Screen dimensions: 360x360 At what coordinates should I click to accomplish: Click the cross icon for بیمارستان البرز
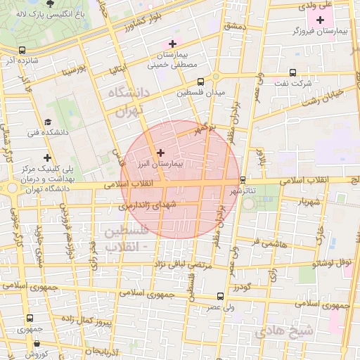[x=160, y=152]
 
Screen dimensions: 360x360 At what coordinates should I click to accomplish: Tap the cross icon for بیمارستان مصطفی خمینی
[x=171, y=44]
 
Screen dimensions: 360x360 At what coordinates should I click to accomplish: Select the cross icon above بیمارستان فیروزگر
[x=321, y=19]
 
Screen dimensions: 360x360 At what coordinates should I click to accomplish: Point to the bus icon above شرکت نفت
[x=293, y=72]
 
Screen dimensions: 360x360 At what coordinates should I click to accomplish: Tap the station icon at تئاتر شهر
[x=243, y=180]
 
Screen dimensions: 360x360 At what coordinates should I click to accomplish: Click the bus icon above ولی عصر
[x=221, y=296]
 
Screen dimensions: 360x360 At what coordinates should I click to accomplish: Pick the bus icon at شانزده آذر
[x=22, y=51]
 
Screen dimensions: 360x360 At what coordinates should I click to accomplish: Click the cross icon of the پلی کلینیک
[x=47, y=158]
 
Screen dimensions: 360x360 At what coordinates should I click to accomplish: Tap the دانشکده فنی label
[x=47, y=131]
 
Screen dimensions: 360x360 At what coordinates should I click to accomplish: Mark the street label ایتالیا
[x=117, y=69]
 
